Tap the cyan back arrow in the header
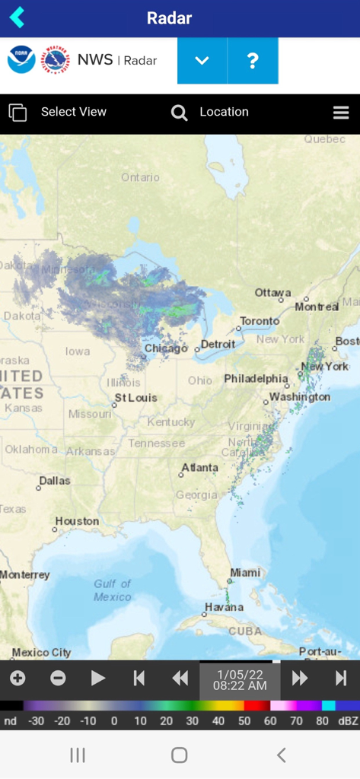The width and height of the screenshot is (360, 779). (x=18, y=17)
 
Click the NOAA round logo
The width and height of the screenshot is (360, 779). (x=21, y=60)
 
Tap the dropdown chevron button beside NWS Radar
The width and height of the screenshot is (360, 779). (x=202, y=61)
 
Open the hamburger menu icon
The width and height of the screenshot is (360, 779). (x=341, y=113)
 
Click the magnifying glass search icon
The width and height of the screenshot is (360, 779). (x=179, y=113)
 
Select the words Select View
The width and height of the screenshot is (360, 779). (x=74, y=112)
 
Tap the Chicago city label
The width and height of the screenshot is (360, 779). (x=166, y=348)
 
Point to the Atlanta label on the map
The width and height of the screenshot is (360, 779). (x=199, y=468)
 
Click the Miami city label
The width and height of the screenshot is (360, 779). (x=245, y=573)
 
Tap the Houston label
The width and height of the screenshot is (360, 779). (x=77, y=521)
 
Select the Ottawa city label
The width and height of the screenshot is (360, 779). (x=272, y=293)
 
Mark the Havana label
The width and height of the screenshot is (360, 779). (x=224, y=607)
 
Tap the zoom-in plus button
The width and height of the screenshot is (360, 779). (x=18, y=678)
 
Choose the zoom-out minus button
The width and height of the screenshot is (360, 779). (x=58, y=678)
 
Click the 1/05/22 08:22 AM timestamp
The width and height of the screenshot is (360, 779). (x=240, y=679)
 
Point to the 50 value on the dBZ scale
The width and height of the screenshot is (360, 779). (x=244, y=720)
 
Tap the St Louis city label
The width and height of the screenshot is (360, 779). (x=135, y=397)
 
